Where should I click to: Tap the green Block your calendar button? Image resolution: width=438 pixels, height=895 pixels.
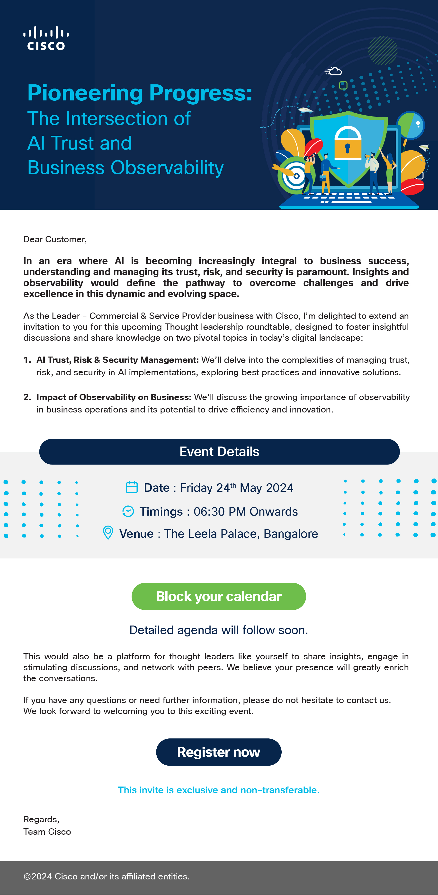(218, 596)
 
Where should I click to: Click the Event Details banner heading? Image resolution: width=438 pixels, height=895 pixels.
(219, 451)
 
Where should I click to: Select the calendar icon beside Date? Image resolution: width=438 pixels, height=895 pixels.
(132, 487)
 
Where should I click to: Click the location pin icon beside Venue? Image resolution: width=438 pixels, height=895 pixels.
(108, 533)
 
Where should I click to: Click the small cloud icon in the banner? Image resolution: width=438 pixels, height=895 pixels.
(334, 71)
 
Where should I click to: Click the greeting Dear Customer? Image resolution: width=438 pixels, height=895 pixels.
(55, 239)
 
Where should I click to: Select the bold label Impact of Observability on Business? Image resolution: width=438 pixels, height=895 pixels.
(114, 397)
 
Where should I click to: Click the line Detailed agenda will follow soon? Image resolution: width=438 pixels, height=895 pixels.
(218, 630)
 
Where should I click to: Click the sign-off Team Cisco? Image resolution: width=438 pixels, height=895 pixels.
(47, 832)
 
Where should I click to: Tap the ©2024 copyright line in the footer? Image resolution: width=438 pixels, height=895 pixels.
(106, 876)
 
